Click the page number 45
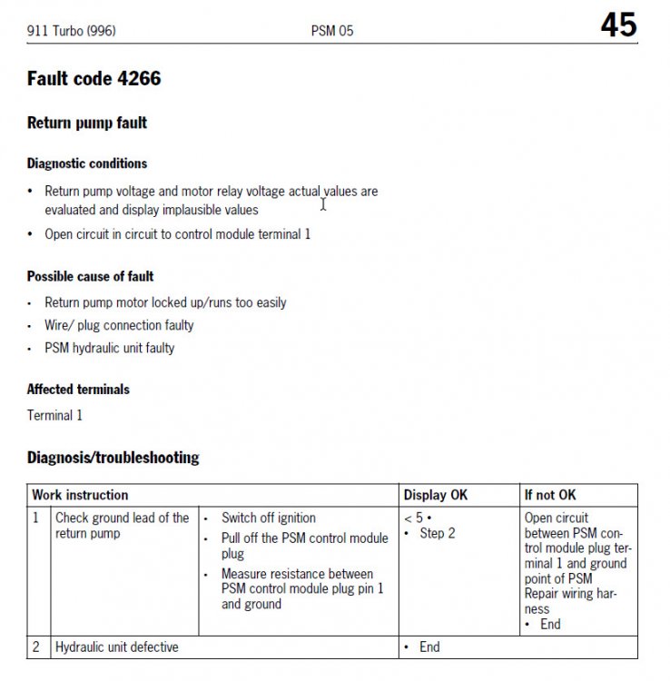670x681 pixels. click(618, 25)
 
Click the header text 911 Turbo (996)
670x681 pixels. click(72, 31)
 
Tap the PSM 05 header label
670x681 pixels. click(332, 31)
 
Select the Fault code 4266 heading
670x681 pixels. click(94, 79)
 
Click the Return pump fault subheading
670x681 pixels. click(87, 123)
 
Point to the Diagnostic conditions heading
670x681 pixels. click(87, 163)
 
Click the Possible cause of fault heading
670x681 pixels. click(91, 276)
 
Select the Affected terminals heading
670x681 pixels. click(78, 390)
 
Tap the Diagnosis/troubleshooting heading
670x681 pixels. click(113, 458)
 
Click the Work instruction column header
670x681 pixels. click(80, 495)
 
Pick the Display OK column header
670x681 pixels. click(436, 495)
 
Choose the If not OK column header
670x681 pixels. click(550, 495)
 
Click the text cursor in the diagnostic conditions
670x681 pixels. click(323, 204)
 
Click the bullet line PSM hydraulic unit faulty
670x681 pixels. click(110, 348)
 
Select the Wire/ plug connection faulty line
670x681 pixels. click(119, 325)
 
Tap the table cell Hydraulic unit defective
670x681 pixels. click(117, 647)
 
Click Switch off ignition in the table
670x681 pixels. click(269, 518)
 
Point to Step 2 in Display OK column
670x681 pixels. click(438, 533)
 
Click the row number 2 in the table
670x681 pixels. click(36, 647)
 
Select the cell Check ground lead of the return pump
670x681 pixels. click(122, 526)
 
